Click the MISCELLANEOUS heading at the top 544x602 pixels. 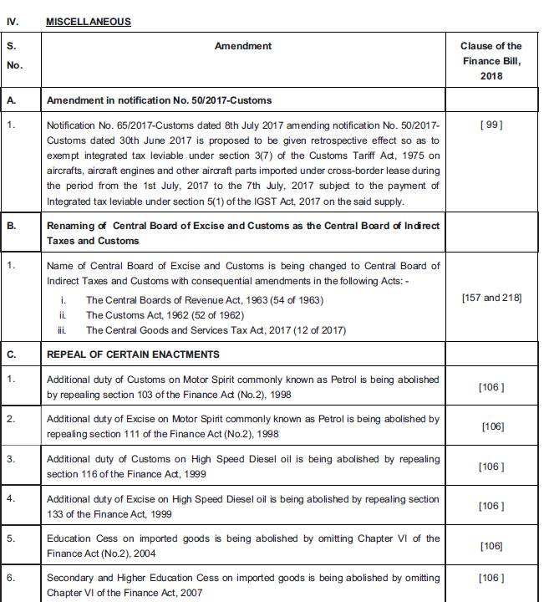tap(89, 22)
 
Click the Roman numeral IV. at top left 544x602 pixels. tap(13, 22)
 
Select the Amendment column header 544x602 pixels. tap(242, 46)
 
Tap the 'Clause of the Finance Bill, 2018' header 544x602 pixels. tap(491, 61)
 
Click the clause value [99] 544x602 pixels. tap(491, 125)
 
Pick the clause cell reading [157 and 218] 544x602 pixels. tap(491, 298)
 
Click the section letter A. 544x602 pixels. tap(11, 100)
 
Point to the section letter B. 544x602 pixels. tap(11, 226)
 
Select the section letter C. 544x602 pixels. tap(11, 354)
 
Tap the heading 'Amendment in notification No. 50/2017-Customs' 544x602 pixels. tap(159, 100)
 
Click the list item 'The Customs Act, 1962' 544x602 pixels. tap(165, 315)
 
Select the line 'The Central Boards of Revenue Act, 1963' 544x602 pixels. tap(204, 300)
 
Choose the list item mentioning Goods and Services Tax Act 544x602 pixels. tap(216, 330)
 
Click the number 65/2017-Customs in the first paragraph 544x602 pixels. tap(146, 125)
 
